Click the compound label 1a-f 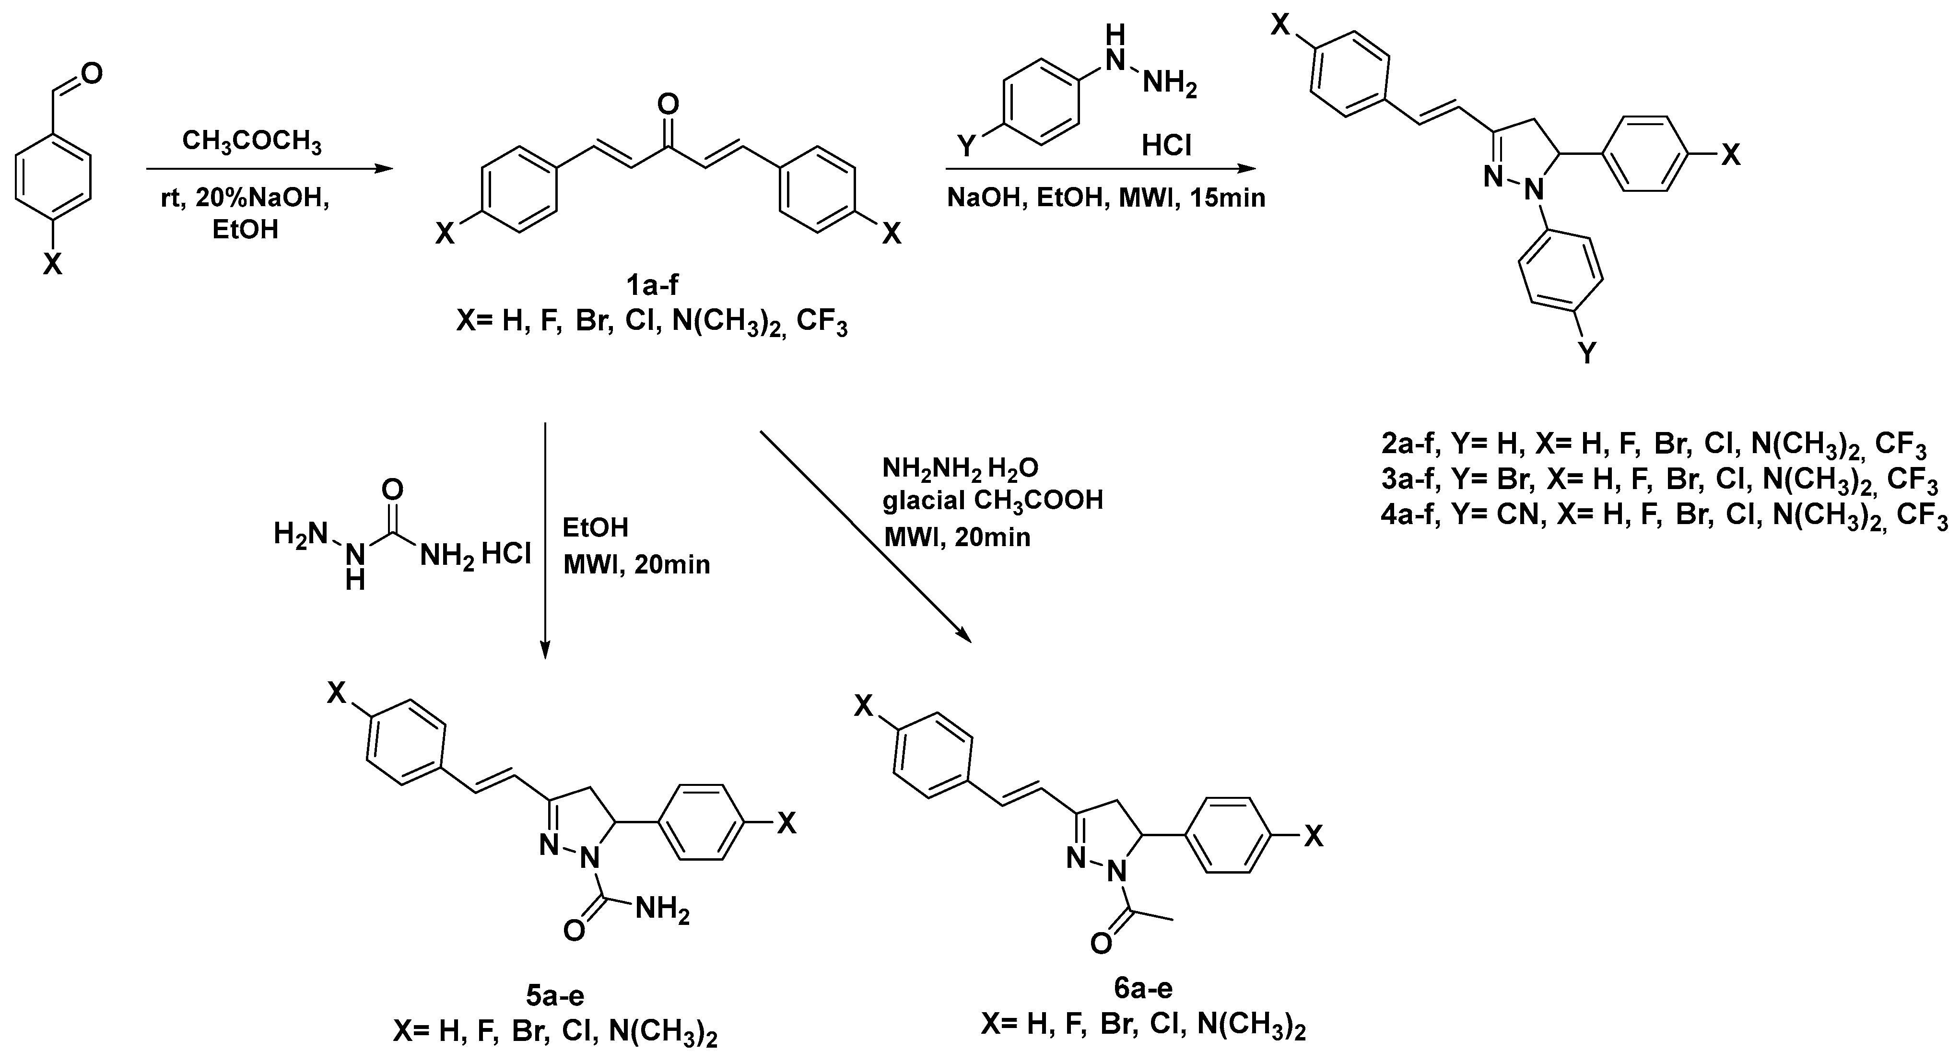tap(652, 285)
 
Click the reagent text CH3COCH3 tap(252, 142)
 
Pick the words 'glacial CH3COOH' tap(992, 500)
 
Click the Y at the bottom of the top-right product tap(1587, 352)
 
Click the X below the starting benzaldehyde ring tap(52, 264)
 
